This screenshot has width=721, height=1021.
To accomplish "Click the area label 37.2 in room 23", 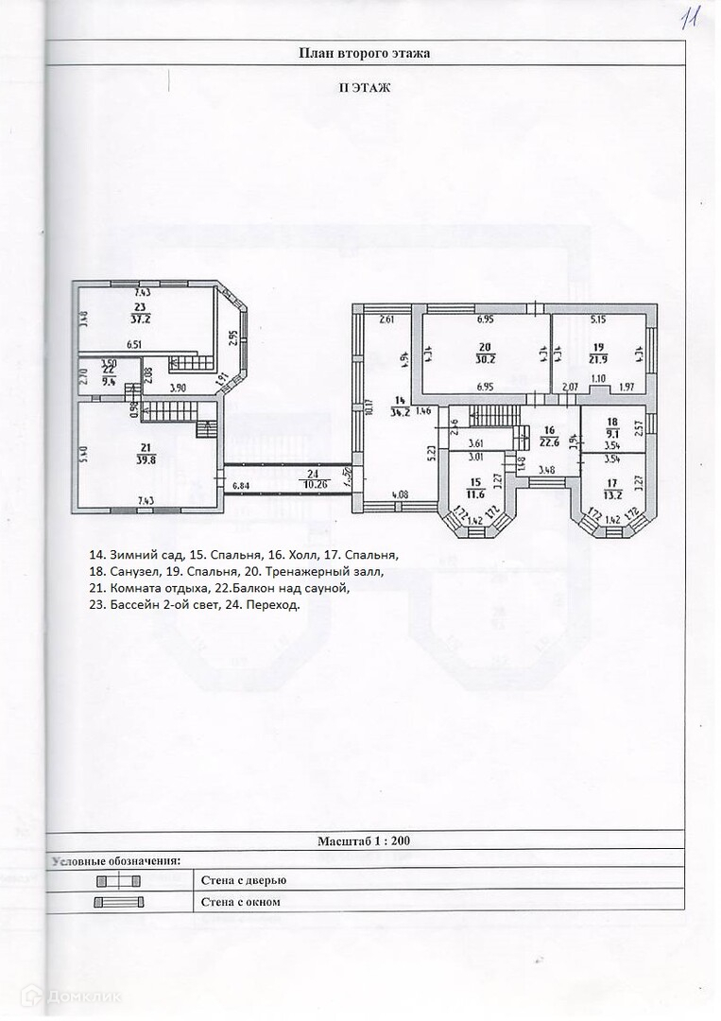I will click(x=141, y=319).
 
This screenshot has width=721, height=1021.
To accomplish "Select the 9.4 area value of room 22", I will click(x=109, y=382).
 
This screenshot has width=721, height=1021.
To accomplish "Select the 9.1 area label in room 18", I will click(x=611, y=435).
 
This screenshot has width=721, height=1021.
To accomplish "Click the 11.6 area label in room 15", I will click(x=475, y=493).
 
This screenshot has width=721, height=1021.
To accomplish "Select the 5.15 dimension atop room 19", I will click(x=597, y=320).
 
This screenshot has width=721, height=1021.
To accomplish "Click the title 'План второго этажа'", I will click(x=364, y=54).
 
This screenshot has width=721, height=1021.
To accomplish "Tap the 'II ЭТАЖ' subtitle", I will click(x=365, y=87).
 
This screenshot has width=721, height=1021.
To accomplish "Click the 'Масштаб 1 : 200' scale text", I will click(x=364, y=839).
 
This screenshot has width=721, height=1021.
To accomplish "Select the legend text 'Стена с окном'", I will click(x=241, y=902).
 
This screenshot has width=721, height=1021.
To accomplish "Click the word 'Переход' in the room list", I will click(x=278, y=605).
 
